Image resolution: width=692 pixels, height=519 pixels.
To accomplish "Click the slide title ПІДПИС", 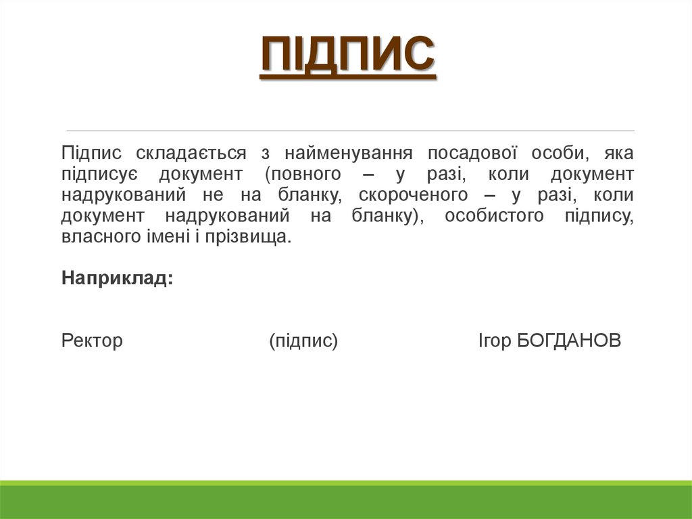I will (x=347, y=55).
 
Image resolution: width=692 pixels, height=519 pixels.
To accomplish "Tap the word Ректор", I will (x=92, y=340).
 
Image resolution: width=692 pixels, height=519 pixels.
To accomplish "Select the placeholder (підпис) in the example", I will (x=303, y=340).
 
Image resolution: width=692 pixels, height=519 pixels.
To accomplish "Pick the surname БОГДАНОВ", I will (x=568, y=340).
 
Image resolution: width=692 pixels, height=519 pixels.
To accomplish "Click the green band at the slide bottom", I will (x=346, y=501).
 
